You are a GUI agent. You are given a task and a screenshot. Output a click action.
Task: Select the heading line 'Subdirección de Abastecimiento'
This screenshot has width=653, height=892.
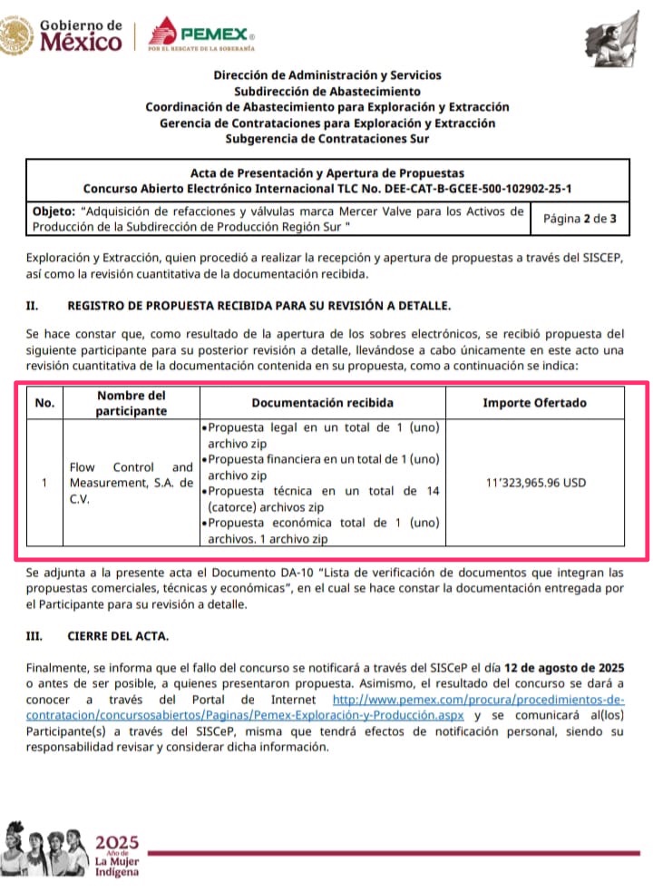click(327, 91)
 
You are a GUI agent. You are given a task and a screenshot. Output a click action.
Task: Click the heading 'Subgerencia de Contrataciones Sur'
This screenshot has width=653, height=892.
click(327, 139)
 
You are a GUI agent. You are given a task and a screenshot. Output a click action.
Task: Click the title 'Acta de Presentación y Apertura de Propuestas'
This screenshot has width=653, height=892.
click(327, 172)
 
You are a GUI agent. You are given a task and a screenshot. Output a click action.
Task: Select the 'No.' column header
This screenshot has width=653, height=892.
click(44, 403)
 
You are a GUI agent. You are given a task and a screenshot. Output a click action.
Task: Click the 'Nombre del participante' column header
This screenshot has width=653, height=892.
click(132, 403)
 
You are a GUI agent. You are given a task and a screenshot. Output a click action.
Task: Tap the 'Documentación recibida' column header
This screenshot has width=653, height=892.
click(323, 403)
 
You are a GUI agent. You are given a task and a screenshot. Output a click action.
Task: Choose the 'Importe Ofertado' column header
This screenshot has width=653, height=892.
click(534, 403)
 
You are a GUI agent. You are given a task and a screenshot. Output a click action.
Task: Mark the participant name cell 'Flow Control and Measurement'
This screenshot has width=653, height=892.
click(132, 483)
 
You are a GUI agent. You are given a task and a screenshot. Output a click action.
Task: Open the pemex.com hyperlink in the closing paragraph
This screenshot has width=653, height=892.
click(479, 700)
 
